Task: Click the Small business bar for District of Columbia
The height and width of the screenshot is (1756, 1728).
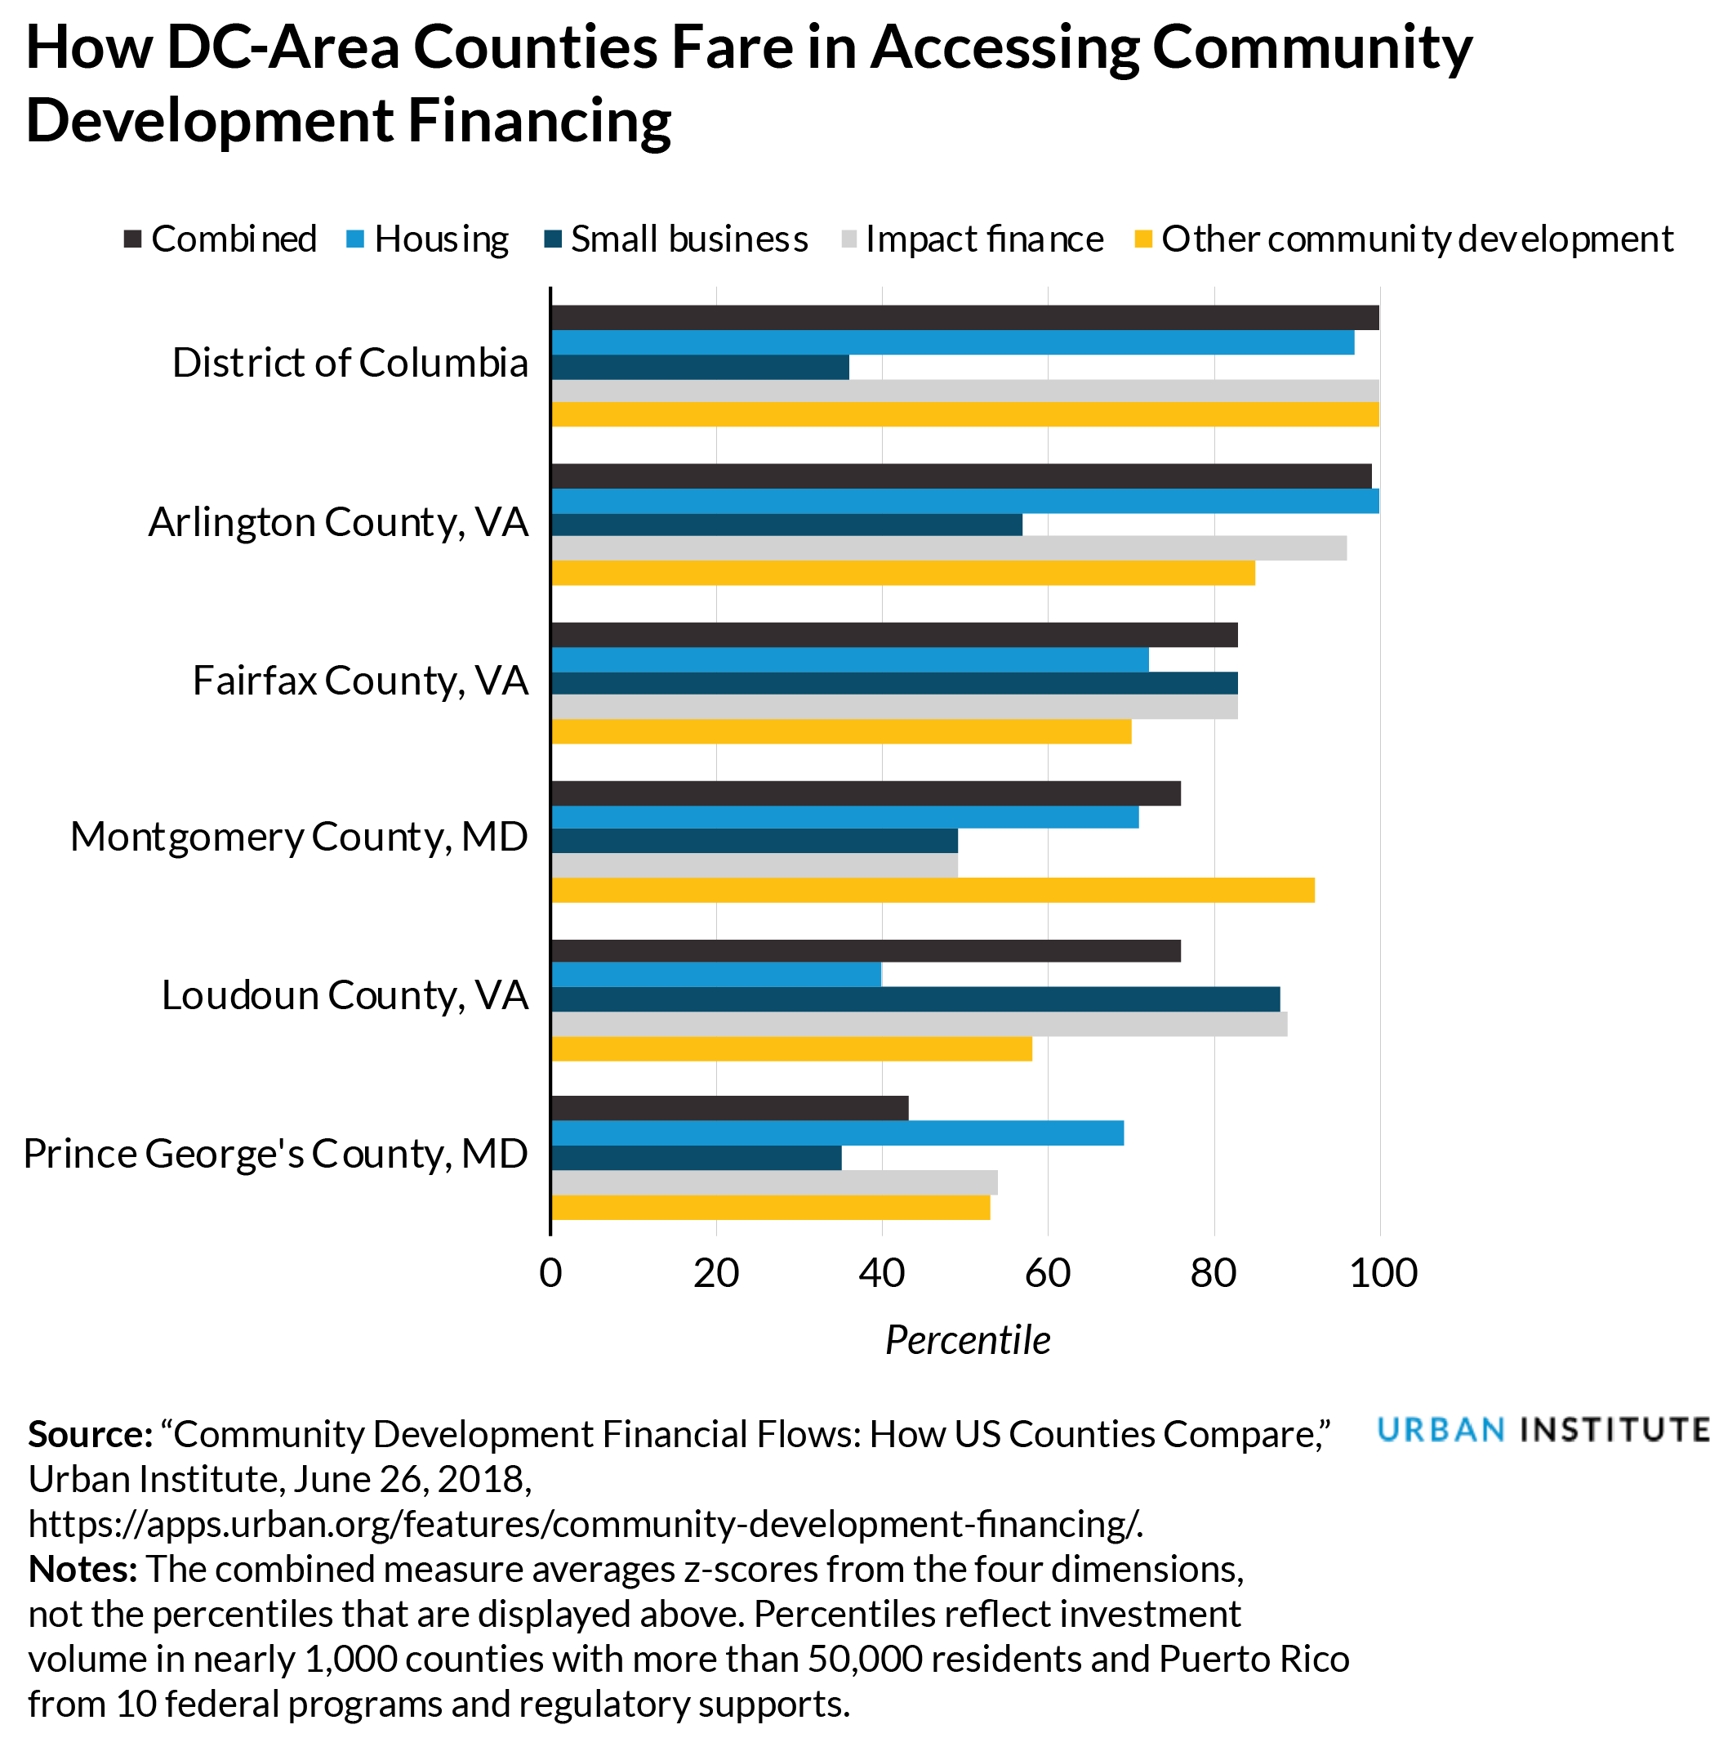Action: [700, 367]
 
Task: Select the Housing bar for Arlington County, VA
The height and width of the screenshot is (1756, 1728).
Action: [964, 500]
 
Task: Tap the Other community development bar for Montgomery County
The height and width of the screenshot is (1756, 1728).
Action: [932, 890]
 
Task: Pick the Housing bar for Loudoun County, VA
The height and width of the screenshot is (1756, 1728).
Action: [716, 974]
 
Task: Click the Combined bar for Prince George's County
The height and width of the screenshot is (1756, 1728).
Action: [730, 1109]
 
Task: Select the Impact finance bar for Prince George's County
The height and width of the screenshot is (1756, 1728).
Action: [774, 1182]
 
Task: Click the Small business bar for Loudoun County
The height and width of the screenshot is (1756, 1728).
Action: [915, 999]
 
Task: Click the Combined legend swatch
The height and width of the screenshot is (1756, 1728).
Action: [133, 239]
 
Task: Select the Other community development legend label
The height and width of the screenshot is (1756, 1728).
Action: [1417, 239]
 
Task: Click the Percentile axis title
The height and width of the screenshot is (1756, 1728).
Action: [968, 1340]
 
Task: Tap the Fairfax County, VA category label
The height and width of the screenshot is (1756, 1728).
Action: [360, 681]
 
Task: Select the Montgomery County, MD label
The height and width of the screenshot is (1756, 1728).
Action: [299, 837]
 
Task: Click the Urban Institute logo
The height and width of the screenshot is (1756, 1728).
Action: [1542, 1430]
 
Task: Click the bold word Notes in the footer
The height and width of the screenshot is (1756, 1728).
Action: [82, 1569]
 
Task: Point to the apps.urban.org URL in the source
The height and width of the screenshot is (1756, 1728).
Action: [586, 1524]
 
